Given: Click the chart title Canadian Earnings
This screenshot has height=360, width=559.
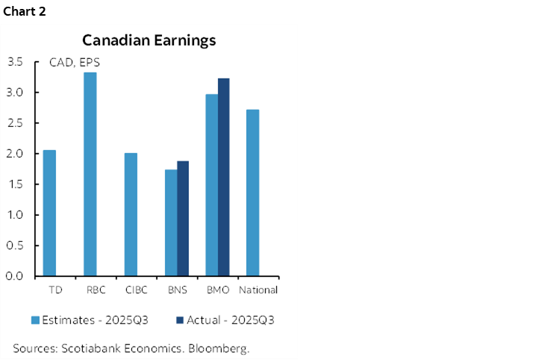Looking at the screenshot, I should click(x=149, y=40).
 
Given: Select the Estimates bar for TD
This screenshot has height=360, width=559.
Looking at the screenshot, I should click(x=49, y=213).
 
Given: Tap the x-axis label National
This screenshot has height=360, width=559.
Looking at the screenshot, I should click(x=257, y=290).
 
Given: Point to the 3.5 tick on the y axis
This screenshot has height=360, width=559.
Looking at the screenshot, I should click(x=15, y=62).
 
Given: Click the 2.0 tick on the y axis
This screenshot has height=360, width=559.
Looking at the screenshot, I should click(x=15, y=154).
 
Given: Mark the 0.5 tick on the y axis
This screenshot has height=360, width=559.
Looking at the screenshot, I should click(x=15, y=246).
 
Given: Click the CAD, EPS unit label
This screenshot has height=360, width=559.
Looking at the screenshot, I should click(x=74, y=63).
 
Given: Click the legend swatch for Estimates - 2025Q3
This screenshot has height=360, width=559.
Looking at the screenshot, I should click(x=34, y=320).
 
